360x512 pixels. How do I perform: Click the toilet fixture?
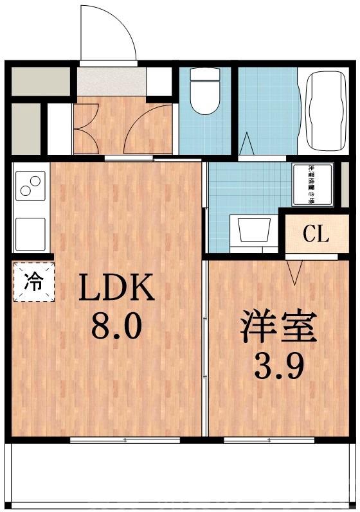click(x=205, y=96)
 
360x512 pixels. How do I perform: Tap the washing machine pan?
click(x=313, y=184)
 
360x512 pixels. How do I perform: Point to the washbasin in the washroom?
click(x=253, y=230)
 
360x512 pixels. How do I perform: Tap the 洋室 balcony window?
click(x=269, y=440)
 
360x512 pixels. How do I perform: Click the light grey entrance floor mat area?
click(x=113, y=81)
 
